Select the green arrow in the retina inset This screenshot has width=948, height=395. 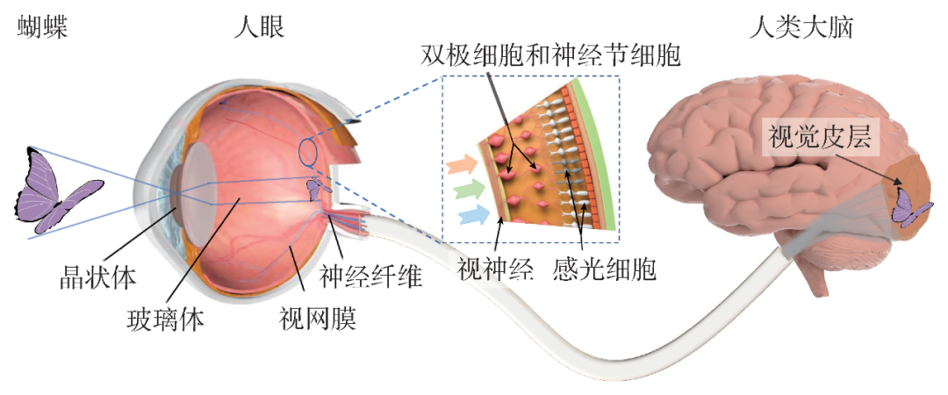(463, 188)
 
